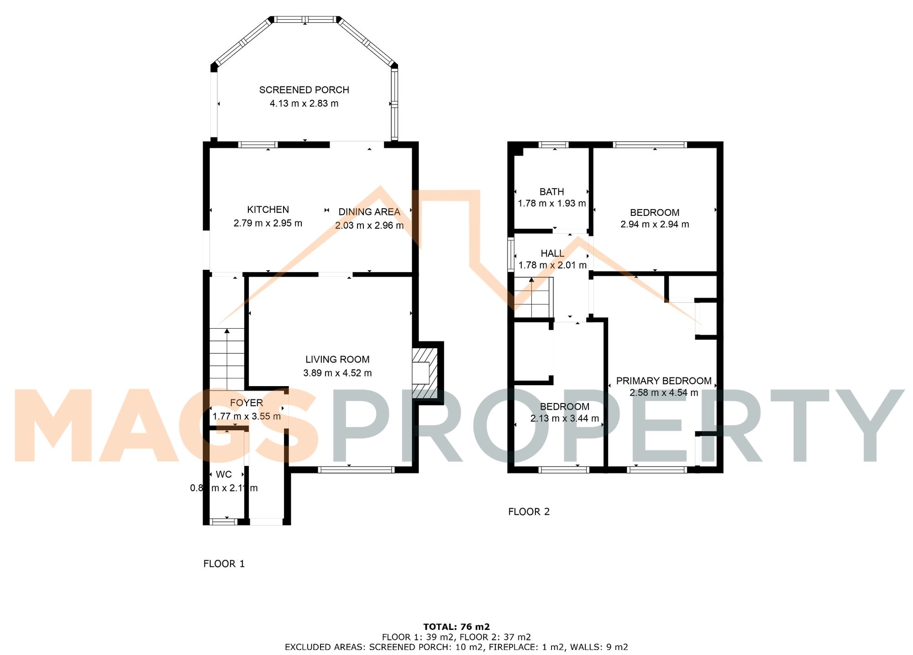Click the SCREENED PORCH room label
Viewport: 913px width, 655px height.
point(304,90)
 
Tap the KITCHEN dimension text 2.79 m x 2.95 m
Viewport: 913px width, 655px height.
point(268,223)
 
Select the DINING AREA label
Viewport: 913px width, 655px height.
point(369,212)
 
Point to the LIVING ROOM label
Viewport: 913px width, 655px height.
point(337,360)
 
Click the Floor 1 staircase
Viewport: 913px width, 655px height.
point(227,359)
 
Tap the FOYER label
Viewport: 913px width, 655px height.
point(246,403)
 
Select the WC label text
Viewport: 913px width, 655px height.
point(224,474)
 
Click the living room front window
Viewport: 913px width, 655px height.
point(356,469)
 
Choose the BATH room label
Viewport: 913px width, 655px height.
point(551,192)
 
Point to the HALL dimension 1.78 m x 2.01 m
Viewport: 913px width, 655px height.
point(552,265)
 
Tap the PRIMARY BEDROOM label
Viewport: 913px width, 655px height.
point(664,381)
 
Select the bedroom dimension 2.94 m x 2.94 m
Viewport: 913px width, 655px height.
point(655,224)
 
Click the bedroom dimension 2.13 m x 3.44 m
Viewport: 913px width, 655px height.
point(564,418)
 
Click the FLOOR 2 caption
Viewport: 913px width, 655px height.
point(529,512)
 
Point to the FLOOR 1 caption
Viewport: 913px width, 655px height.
point(224,564)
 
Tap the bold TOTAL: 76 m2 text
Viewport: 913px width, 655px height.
point(456,627)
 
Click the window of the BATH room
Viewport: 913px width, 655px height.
point(553,145)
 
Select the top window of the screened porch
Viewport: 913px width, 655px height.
point(305,19)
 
